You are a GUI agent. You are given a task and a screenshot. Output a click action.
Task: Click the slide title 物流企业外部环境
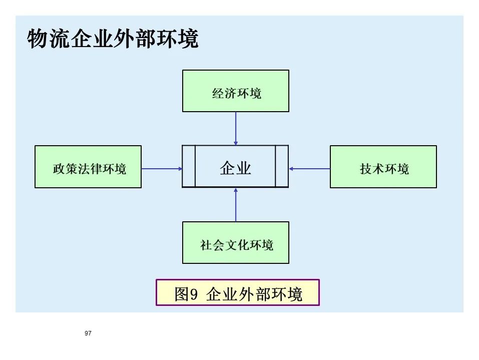click(113, 40)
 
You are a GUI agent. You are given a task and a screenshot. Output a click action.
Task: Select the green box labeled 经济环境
click(235, 91)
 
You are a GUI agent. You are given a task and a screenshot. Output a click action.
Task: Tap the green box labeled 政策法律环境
click(88, 167)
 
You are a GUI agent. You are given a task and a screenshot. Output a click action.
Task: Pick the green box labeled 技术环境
click(383, 167)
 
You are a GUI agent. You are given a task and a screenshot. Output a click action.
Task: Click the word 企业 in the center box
click(235, 168)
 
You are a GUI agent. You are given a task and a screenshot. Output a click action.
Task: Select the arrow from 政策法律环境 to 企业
click(161, 169)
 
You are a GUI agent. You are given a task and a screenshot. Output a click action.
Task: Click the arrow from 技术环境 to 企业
click(309, 169)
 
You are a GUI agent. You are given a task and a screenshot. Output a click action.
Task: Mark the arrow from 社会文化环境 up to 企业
click(236, 205)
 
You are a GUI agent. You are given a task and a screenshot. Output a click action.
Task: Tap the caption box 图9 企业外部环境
click(237, 293)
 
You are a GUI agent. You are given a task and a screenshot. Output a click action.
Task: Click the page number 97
click(89, 333)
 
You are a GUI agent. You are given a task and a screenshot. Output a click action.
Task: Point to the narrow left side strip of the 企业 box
click(189, 166)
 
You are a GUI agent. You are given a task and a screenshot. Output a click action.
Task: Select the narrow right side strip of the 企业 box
click(282, 166)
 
